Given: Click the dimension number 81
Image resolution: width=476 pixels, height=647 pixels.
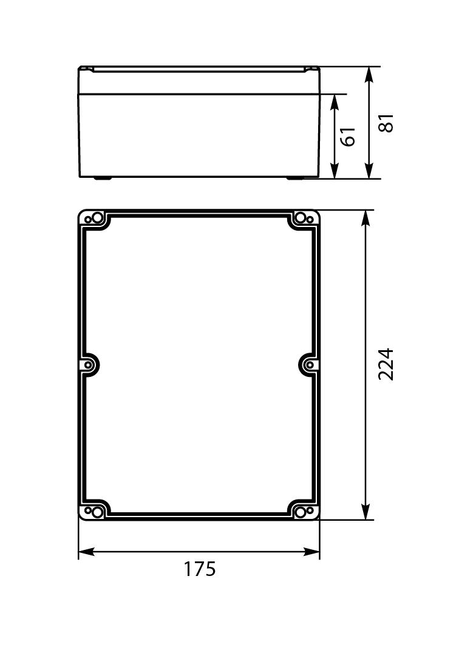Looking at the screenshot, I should pos(387,123).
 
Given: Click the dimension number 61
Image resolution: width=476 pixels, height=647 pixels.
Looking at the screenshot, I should pos(348,137).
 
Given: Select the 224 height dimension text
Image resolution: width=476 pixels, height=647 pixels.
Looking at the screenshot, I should pos(386,364).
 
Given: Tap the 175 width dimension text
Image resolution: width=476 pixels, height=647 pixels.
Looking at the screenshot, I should pos(200,569).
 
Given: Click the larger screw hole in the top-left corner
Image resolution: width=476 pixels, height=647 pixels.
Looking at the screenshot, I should pos(97,218).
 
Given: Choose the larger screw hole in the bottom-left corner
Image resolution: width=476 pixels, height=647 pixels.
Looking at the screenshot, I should pos(97,512).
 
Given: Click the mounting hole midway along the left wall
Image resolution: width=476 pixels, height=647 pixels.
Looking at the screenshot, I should pos(89,365).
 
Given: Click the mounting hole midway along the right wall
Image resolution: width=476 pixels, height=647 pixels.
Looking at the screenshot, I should pos(309,365).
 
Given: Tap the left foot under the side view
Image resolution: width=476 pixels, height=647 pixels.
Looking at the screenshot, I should pos(102,178).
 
